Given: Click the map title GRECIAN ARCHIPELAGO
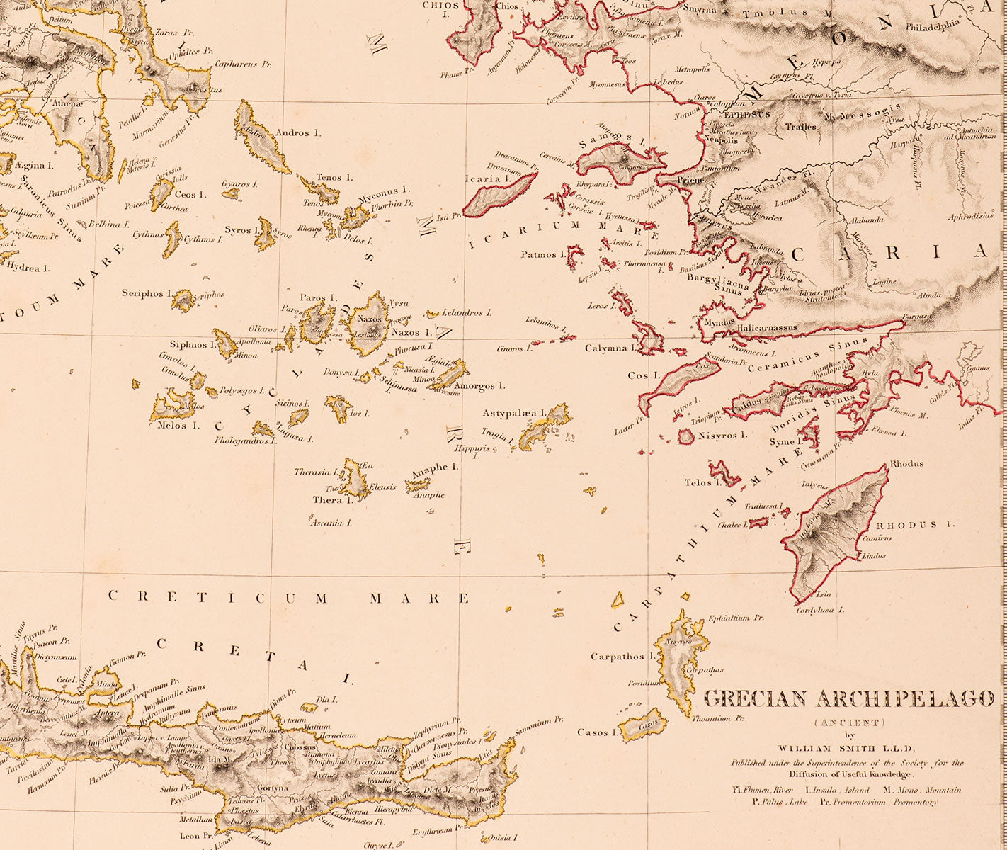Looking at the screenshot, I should coord(848,698).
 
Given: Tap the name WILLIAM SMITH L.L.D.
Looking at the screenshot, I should coord(847,748).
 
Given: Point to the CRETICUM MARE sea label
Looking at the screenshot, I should coord(288,598).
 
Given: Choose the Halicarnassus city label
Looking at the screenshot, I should coord(767,328).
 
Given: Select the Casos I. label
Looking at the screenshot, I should coord(593,732).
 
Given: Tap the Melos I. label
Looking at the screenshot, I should coord(173,426).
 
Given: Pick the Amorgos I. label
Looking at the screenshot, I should coord(480,386).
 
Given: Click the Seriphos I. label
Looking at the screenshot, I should coord(147,293).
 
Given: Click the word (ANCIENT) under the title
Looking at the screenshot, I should coord(848,722).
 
